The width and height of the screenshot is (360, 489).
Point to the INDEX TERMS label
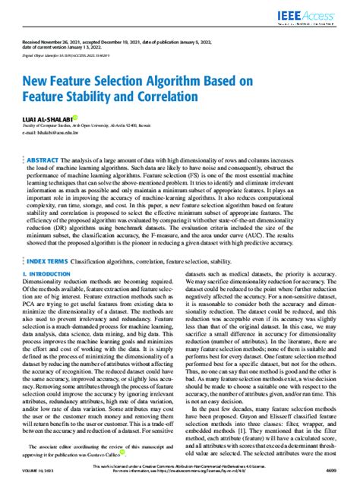coord(52,281)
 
